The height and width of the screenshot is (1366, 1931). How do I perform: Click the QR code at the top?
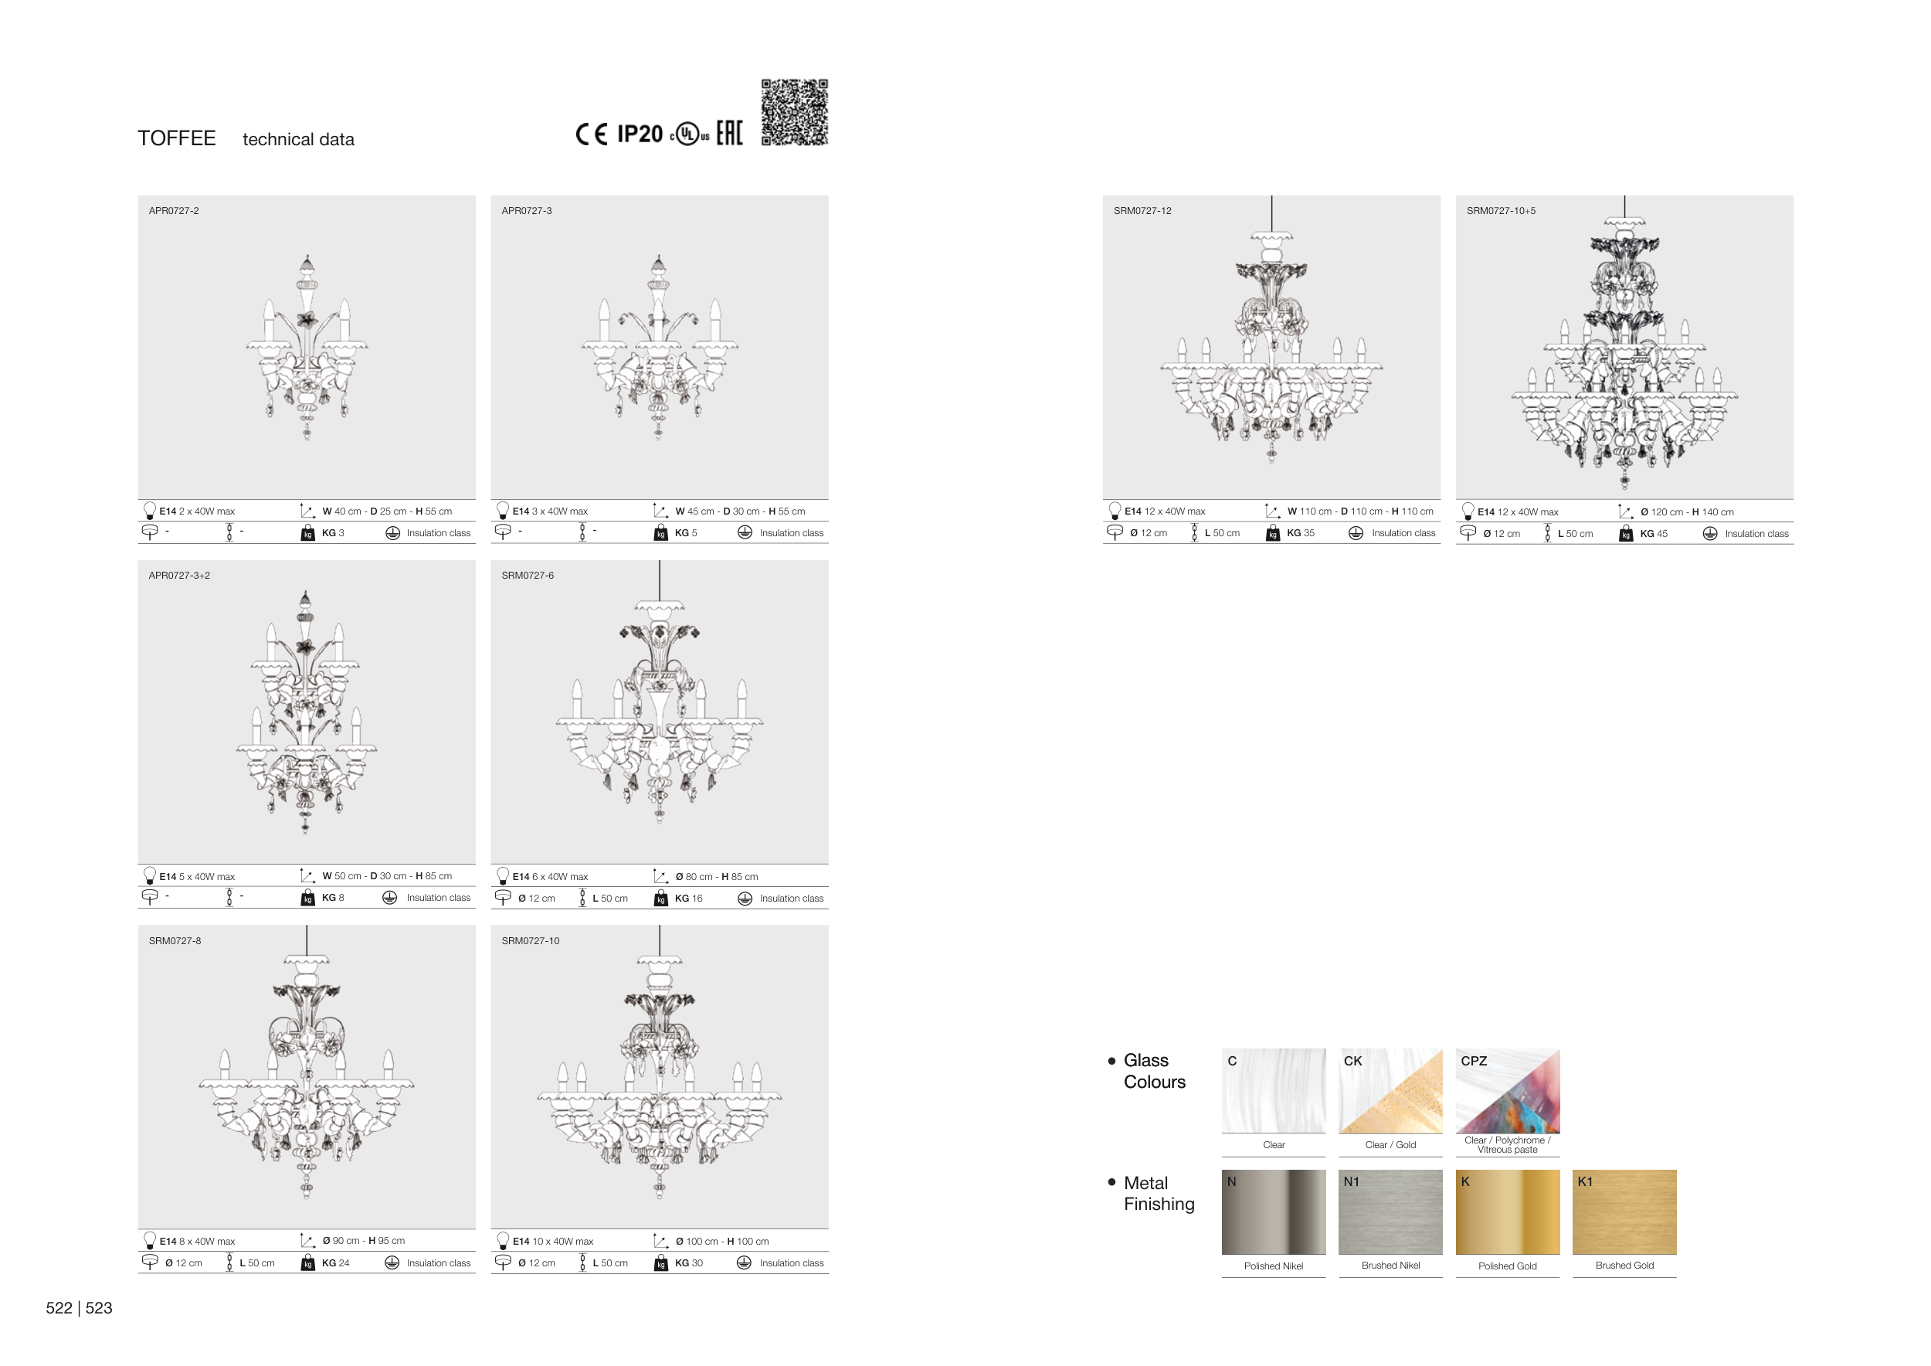coord(794,112)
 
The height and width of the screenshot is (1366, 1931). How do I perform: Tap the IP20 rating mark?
coord(640,134)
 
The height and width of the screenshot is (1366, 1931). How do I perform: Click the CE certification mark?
coord(591,134)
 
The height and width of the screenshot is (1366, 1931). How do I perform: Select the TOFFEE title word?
coord(177,138)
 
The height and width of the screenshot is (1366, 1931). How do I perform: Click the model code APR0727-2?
coord(174,210)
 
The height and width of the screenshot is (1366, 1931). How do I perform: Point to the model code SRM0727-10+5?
coord(1502,210)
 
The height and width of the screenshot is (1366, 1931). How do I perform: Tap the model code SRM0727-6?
coord(528,576)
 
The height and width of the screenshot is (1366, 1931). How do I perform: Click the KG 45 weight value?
coord(1654,533)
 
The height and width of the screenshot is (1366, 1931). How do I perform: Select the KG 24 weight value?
coord(334,1262)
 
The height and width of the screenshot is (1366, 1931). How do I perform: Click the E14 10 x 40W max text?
coord(552,1242)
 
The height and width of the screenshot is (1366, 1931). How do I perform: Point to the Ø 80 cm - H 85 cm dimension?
coord(717,876)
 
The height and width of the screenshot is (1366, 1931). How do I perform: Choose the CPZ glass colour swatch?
coord(1507,1091)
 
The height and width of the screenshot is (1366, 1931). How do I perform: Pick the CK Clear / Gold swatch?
coord(1390,1091)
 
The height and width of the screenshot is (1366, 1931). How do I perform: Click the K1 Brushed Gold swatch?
coord(1624,1212)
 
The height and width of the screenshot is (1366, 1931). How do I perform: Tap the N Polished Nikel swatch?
coord(1274,1212)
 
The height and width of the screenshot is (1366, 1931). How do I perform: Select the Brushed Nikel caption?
coord(1390,1265)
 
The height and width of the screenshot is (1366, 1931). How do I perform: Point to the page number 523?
coord(99,1308)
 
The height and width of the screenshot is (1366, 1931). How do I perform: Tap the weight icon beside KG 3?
coord(308,533)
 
